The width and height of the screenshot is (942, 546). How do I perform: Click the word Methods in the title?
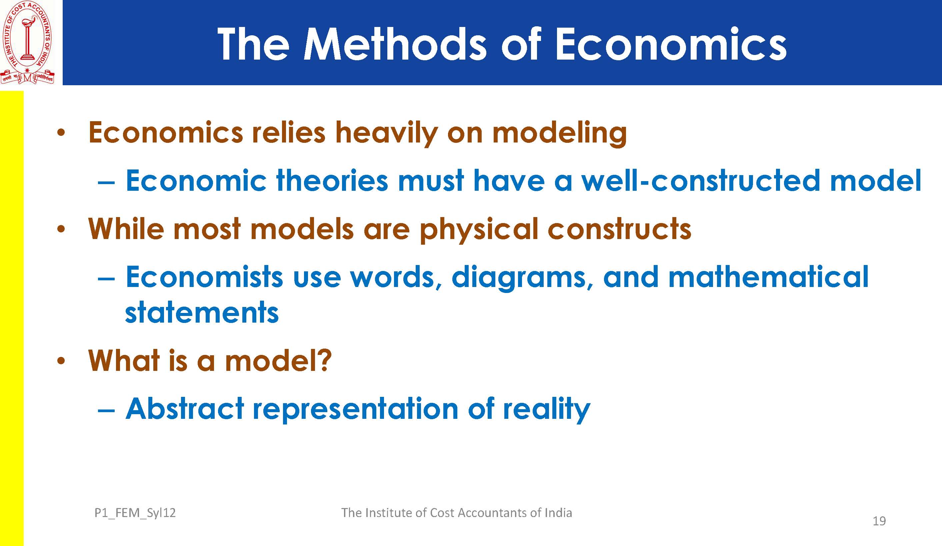point(395,44)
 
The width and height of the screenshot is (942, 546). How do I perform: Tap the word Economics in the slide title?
point(671,44)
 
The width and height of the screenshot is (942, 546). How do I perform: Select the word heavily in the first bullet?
point(386,133)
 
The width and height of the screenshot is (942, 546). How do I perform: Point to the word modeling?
point(560,133)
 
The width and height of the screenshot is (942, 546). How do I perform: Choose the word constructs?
point(619,229)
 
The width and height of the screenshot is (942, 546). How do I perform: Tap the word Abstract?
point(185,409)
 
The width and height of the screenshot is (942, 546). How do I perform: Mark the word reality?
point(547,410)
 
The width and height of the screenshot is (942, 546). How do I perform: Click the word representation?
point(355,410)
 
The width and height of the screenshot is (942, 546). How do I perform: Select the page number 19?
point(879,521)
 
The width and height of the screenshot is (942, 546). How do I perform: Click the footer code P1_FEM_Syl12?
point(135,513)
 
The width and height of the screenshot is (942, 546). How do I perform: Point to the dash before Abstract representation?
point(106,410)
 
